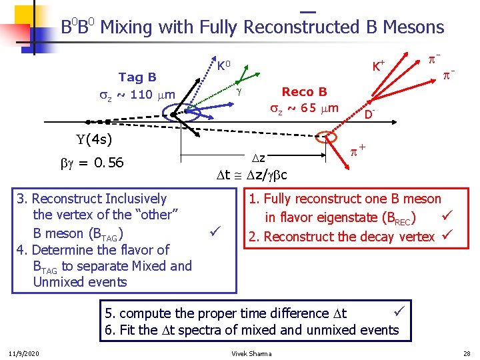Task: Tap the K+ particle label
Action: pos(379,66)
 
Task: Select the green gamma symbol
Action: pos(238,89)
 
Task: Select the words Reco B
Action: pos(304,92)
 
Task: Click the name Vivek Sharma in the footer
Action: pos(251,353)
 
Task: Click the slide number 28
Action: pos(466,353)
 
